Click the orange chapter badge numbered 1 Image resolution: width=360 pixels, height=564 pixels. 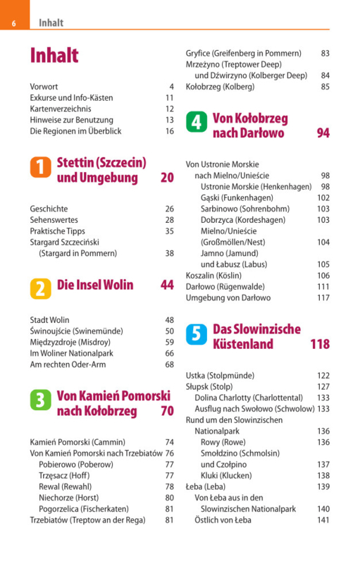click(41, 167)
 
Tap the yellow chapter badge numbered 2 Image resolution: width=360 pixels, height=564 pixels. click(41, 289)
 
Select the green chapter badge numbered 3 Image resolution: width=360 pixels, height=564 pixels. click(41, 400)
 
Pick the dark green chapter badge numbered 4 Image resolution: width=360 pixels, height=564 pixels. click(197, 122)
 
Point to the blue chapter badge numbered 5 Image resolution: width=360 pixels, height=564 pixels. click(197, 334)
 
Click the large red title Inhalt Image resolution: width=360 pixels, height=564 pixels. click(54, 56)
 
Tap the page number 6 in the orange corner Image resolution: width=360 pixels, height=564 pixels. click(13, 23)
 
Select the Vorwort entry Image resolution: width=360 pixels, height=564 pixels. click(44, 87)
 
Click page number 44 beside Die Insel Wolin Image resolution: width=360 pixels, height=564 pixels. click(167, 285)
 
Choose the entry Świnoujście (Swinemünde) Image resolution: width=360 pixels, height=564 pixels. click(77, 331)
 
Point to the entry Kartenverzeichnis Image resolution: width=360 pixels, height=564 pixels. click(61, 109)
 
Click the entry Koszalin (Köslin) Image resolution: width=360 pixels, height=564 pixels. click(213, 276)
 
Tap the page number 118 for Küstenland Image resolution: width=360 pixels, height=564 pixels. click(320, 344)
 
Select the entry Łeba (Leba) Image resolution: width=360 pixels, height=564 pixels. click(206, 486)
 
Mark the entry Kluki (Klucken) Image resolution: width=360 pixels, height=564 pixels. click(226, 475)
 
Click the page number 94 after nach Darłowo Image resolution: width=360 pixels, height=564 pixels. click(323, 133)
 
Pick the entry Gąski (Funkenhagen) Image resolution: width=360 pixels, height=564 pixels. click(237, 198)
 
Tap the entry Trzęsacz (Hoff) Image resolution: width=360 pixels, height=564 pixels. click(64, 475)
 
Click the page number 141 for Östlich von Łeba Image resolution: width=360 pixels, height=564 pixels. click(323, 520)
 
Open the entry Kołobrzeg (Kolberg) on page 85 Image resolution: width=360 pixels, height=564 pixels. click(221, 87)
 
